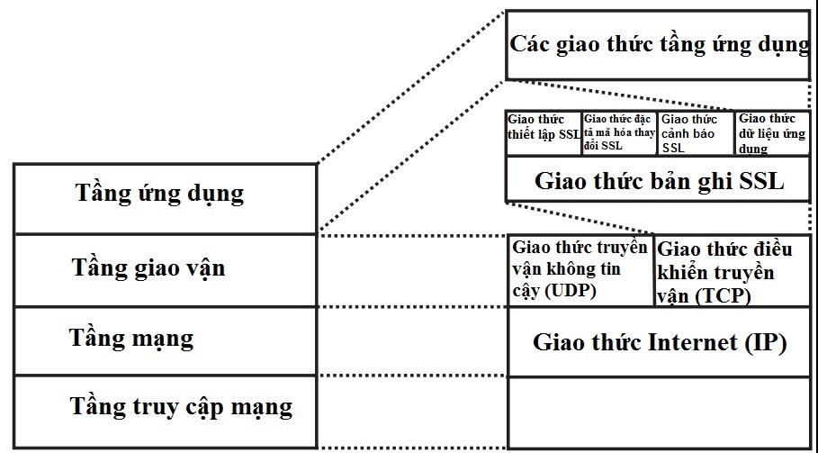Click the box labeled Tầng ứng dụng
(x=160, y=193)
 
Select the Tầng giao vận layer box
(x=148, y=267)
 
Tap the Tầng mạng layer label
(x=131, y=339)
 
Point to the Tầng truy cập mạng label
(x=182, y=406)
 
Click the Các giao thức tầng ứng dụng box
(x=659, y=44)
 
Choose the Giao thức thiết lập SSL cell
(x=544, y=133)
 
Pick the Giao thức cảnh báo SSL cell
(x=697, y=133)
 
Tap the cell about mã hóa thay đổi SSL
(x=620, y=133)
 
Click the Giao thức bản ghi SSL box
(x=659, y=179)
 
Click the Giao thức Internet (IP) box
(x=659, y=343)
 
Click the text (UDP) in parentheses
(x=571, y=291)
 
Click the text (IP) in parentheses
(x=765, y=343)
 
